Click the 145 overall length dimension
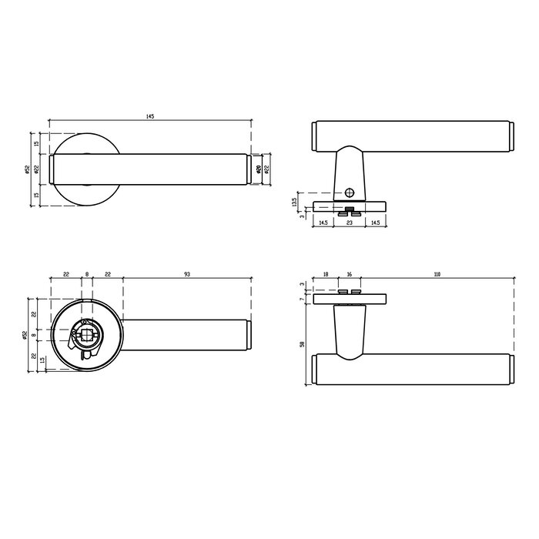(x=149, y=116)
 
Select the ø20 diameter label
(x=258, y=169)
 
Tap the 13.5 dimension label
(x=293, y=202)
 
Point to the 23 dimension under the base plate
(x=349, y=223)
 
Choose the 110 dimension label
(x=437, y=274)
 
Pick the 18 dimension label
(x=326, y=274)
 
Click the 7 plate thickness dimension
(x=302, y=300)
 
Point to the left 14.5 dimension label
(x=323, y=223)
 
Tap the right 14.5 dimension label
(x=374, y=223)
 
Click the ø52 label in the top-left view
(x=27, y=169)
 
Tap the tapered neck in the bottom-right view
(x=348, y=330)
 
